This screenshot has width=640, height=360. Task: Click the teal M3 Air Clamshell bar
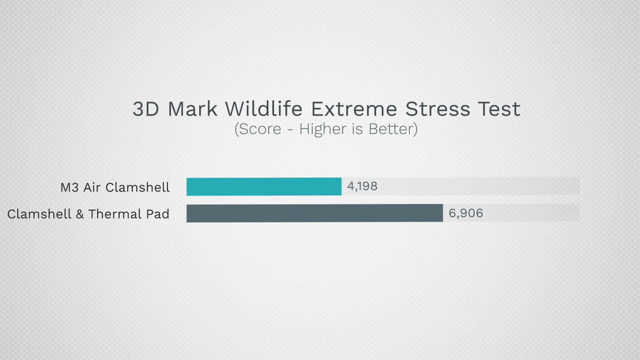coord(264,187)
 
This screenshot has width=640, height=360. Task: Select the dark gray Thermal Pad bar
coord(315,213)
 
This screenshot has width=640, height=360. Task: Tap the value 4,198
coord(362,186)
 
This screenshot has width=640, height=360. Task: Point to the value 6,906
coord(465,213)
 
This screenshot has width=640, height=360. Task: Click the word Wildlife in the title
coord(264,109)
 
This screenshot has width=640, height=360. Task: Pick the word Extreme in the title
coord(354,109)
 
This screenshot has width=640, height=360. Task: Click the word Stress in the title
coord(437,109)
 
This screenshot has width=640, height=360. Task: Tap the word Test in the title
coord(499,109)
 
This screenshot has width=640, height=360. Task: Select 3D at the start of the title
coord(146,109)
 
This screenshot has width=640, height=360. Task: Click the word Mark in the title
coord(193,109)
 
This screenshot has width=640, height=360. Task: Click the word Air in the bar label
coord(92,187)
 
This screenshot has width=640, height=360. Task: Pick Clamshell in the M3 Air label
coord(137,187)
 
